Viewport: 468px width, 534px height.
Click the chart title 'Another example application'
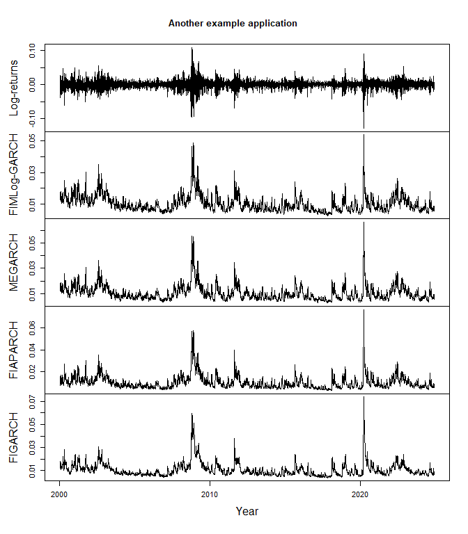pos(233,24)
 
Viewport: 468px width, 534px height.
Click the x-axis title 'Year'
pos(247,512)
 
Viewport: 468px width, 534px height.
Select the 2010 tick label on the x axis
pos(210,494)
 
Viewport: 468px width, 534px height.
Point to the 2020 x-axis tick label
pos(360,494)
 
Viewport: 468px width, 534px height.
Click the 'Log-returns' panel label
pos(14,88)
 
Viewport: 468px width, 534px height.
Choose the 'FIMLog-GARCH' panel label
pos(14,175)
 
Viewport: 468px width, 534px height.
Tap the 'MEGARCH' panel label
pos(14,263)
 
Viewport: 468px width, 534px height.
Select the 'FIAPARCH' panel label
pos(14,350)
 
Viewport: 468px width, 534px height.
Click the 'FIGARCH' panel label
pos(14,437)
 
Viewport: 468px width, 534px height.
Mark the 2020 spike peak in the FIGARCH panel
pos(364,397)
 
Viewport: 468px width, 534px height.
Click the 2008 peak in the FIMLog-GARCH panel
pos(193,143)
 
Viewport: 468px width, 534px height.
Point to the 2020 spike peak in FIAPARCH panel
pos(364,310)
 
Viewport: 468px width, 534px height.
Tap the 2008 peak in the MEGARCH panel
pos(192,236)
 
